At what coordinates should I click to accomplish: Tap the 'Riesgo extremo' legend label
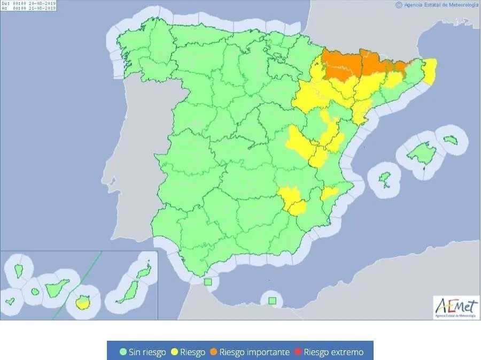[x=333, y=352]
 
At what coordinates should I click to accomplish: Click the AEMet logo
[x=455, y=308]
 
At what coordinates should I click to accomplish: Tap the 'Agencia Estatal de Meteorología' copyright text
[x=437, y=5]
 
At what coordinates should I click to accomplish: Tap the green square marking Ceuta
[x=208, y=282]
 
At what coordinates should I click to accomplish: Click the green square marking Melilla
[x=273, y=301]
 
